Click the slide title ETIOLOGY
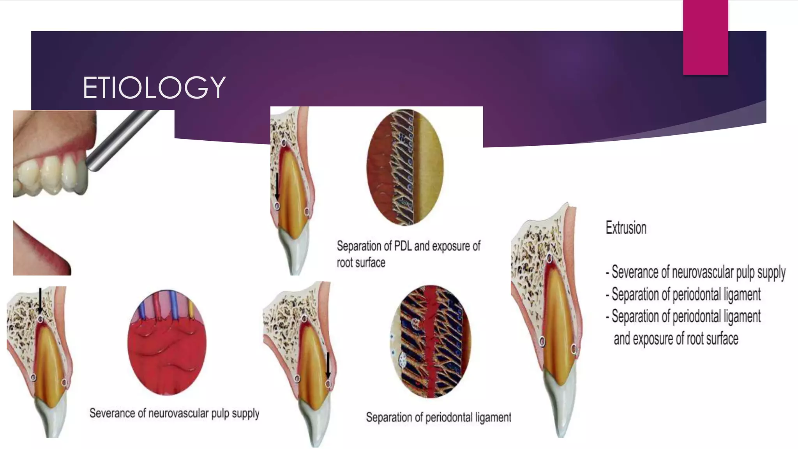pos(154,87)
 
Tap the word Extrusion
pos(626,228)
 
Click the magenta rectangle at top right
pos(705,37)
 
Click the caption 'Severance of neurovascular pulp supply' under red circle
pos(174,413)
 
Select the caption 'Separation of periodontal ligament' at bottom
pos(438,417)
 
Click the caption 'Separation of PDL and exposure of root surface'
pos(408,254)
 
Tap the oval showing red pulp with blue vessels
pos(167,342)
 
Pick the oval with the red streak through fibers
pos(431,341)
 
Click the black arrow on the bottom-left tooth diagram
pos(40,301)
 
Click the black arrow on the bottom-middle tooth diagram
pos(328,365)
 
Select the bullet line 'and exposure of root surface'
pos(676,339)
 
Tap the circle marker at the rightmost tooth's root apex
pos(549,258)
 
